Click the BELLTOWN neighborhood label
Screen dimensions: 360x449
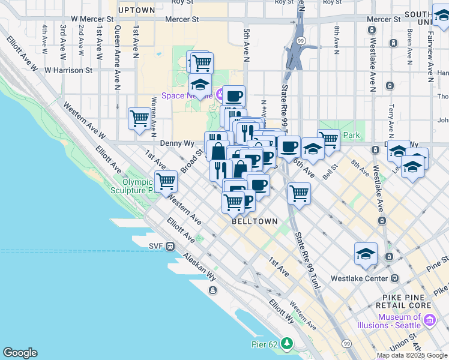coord(255,221)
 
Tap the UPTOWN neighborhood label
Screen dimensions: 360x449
coord(137,10)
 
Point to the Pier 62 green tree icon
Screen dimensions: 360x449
coord(288,343)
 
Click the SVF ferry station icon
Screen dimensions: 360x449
coord(170,246)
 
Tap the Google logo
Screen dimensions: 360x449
coord(20,353)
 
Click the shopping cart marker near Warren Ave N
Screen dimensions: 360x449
coord(139,118)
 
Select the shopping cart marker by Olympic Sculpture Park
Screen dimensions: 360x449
coord(166,181)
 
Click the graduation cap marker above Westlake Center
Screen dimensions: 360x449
coord(366,254)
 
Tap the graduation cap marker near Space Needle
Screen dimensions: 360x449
coord(200,85)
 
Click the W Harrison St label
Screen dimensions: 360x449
coord(68,70)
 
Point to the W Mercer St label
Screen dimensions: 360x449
coord(92,19)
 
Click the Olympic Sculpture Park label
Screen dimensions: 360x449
coord(133,186)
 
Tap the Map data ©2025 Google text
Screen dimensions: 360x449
coord(411,355)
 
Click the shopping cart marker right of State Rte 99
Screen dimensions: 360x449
coord(299,193)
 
